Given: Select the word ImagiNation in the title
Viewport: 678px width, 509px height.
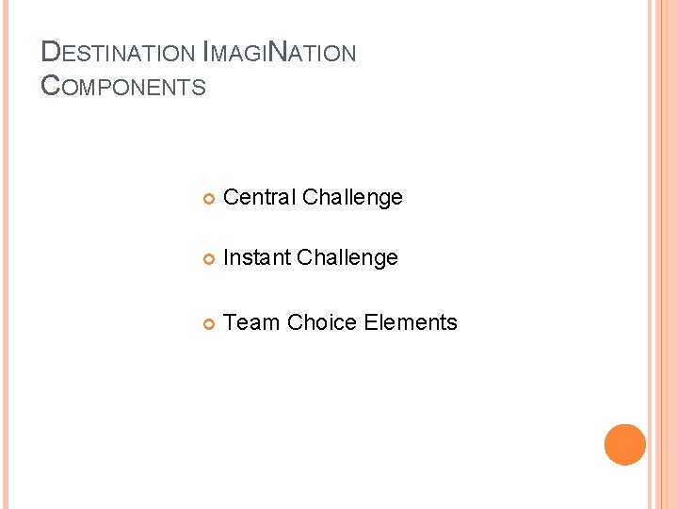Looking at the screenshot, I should click(280, 53).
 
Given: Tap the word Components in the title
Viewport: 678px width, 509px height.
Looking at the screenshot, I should click(123, 87).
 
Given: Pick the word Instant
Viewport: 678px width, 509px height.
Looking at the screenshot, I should click(258, 257).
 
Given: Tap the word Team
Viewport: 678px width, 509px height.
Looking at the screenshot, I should click(252, 322).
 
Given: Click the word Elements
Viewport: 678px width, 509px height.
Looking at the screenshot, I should click(411, 322).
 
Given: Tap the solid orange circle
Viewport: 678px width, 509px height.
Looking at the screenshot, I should click(625, 445).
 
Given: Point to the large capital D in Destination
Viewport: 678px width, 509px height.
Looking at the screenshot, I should click(52, 53).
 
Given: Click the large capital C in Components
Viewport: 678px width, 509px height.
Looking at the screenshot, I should click(52, 87).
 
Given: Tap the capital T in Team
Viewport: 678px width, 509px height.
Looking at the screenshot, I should click(232, 322).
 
